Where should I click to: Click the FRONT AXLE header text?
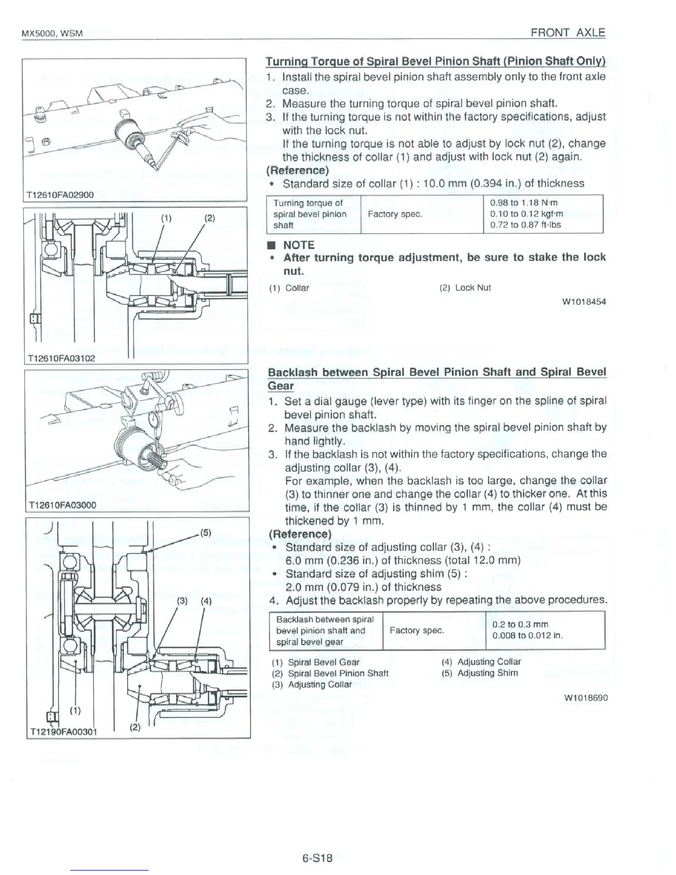click(567, 32)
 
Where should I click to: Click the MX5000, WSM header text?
click(52, 34)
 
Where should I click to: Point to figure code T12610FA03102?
click(60, 358)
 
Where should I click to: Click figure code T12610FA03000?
click(61, 505)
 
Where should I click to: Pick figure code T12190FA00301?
click(62, 732)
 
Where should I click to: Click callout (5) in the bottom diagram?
click(205, 533)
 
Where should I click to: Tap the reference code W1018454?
click(584, 302)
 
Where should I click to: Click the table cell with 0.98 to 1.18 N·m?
click(524, 203)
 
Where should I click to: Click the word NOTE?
click(298, 245)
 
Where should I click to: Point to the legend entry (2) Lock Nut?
click(465, 288)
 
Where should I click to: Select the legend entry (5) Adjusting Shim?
click(480, 673)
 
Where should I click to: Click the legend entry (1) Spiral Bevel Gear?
click(315, 662)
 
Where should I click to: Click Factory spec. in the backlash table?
click(416, 630)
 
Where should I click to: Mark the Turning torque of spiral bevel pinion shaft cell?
click(310, 214)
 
